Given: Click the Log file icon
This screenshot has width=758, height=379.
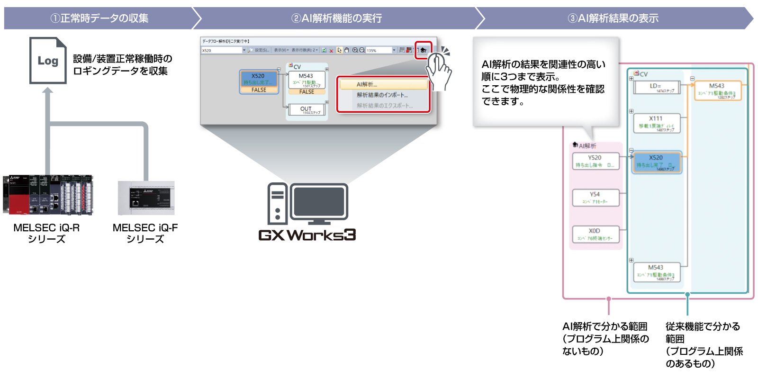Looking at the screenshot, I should click(x=48, y=61).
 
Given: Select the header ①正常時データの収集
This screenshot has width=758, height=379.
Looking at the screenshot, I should click(x=99, y=18).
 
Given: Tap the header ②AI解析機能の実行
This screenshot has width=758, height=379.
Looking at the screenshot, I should click(x=336, y=18).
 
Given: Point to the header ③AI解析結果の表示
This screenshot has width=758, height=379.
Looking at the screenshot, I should click(x=613, y=18).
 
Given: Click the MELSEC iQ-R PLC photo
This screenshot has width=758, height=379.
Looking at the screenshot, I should click(x=48, y=195).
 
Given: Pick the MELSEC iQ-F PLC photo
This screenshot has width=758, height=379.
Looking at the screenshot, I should click(x=146, y=198).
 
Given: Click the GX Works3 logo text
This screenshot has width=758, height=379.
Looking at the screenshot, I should click(x=307, y=235).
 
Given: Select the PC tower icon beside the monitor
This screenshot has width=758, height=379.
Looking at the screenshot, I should click(x=277, y=204).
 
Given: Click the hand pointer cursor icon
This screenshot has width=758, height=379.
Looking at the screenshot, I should click(x=438, y=69).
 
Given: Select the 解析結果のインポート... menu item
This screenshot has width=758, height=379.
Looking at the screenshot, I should click(x=382, y=95).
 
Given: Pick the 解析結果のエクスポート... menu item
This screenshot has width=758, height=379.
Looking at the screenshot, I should click(x=385, y=106).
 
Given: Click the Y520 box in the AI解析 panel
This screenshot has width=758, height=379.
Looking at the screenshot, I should click(x=595, y=161).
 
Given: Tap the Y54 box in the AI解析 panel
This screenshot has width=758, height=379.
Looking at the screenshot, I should click(x=595, y=198).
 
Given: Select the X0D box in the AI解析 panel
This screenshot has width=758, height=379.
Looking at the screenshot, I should click(x=595, y=234).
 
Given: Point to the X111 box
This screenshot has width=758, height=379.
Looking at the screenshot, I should click(x=656, y=123).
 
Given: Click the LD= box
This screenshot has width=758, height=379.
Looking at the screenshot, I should click(x=656, y=88).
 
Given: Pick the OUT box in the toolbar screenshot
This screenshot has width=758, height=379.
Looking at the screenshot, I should click(x=306, y=110).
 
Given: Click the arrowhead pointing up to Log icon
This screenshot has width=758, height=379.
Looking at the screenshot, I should click(x=48, y=91).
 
